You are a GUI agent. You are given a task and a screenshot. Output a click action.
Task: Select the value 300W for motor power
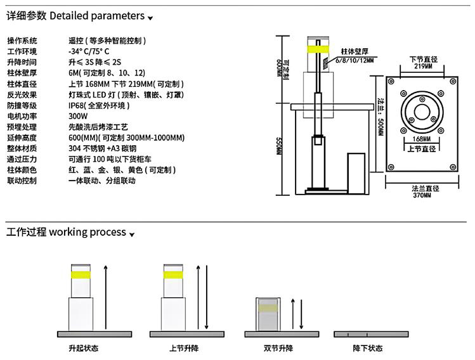coord(77,116)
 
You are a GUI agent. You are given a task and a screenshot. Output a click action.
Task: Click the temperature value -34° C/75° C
coord(89,51)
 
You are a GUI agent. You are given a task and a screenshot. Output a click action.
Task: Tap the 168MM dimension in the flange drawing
coord(421,138)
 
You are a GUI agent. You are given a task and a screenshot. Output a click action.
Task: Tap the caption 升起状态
coord(82,348)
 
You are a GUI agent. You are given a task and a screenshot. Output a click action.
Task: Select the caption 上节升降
coord(185,348)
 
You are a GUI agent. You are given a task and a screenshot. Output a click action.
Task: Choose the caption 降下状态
coord(368,348)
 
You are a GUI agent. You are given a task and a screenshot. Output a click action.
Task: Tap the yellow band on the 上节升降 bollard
coord(173,274)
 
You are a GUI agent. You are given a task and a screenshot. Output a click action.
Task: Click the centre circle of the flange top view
coord(421,108)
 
